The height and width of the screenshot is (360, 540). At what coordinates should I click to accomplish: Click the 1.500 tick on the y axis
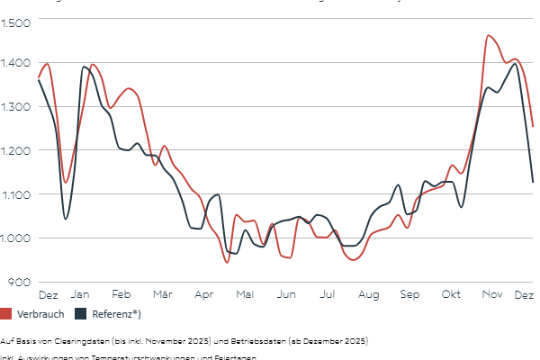[x=17, y=21]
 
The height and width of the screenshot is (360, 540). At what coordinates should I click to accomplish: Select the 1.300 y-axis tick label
[x=17, y=106]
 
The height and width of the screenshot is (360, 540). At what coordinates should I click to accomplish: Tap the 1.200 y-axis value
[x=17, y=150]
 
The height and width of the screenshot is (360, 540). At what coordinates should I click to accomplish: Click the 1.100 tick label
[x=17, y=194]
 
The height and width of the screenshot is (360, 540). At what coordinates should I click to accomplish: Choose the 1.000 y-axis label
[x=17, y=238]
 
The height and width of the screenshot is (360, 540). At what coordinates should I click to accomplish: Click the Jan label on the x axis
[x=80, y=295]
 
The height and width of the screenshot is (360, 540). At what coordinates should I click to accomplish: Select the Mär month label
[x=163, y=295]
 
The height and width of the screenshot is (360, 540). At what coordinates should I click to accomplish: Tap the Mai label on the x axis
[x=245, y=295]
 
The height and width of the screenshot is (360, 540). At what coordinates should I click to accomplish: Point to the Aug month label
[x=368, y=295]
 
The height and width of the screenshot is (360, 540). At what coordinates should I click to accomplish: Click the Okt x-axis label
[x=451, y=295]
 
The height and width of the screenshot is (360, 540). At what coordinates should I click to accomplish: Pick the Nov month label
[x=491, y=295]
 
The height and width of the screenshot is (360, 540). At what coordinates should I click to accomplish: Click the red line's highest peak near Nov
[x=488, y=36]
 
